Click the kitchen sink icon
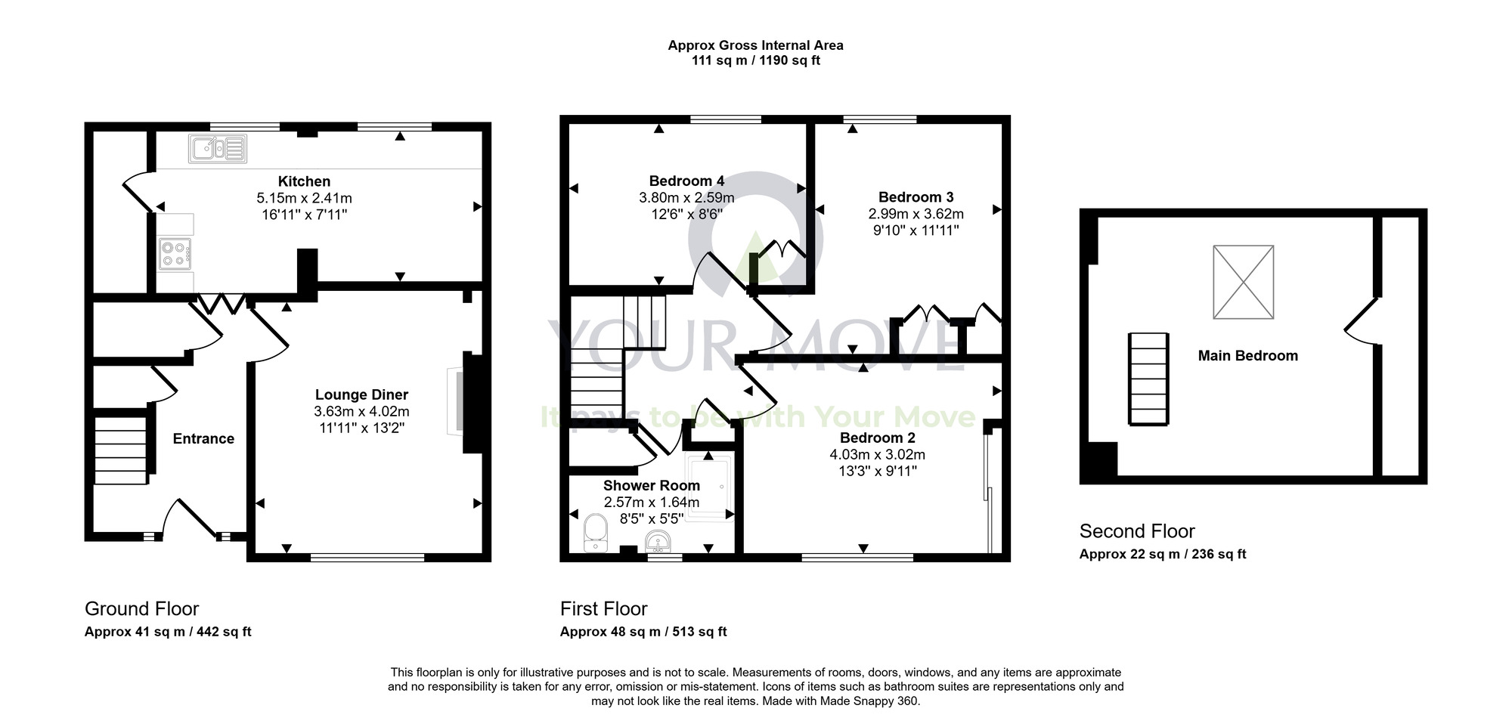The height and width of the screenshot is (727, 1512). tap(218, 148)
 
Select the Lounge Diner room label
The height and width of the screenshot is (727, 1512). tap(361, 394)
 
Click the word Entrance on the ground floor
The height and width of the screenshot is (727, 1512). tap(203, 439)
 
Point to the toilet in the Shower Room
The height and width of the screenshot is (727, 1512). tap(596, 532)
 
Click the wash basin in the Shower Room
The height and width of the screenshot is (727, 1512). tap(657, 541)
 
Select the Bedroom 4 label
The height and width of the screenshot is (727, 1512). tap(686, 181)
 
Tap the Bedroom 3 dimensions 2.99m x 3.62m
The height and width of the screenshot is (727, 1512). tap(916, 214)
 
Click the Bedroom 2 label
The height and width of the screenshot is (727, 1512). tap(877, 438)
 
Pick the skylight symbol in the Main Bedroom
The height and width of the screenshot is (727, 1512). tap(1243, 282)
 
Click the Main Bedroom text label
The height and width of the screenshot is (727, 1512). tap(1247, 356)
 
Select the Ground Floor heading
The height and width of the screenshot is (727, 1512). tap(141, 609)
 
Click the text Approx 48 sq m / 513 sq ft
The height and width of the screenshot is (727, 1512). tap(643, 632)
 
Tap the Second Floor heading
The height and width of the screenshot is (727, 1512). tap(1136, 531)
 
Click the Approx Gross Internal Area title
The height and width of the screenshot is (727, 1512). tap(755, 45)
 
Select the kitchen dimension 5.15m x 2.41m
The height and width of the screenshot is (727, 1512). tap(304, 198)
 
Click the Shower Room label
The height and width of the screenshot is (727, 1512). tap(651, 486)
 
